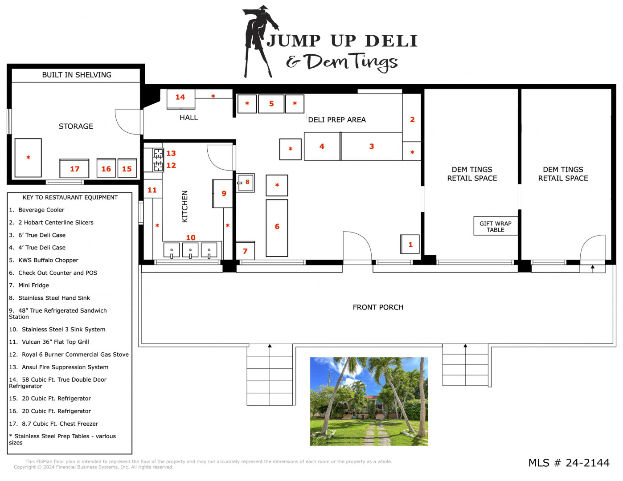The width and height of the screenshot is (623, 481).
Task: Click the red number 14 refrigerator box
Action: click(180, 99)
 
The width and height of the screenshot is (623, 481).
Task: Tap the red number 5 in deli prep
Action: click(271, 104)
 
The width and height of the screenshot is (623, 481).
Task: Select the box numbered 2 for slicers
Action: click(411, 118)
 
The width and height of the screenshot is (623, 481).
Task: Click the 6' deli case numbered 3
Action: click(372, 146)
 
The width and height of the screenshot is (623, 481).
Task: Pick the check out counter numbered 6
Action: click(277, 228)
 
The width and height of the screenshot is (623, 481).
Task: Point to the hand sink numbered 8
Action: click(245, 183)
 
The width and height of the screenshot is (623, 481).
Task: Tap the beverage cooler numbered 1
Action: click(410, 244)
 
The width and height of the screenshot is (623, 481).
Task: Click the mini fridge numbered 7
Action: click(245, 251)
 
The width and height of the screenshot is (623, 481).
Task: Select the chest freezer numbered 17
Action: click(74, 168)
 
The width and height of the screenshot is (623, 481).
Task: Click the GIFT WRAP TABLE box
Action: click(496, 226)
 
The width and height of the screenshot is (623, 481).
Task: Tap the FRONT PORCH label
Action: click(378, 307)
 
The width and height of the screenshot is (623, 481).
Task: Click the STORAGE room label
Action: click(76, 126)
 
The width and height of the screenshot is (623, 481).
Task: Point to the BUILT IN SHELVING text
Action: click(77, 75)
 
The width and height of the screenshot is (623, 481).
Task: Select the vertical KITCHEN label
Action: click(184, 207)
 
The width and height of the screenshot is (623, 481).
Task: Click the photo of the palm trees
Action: click(369, 401)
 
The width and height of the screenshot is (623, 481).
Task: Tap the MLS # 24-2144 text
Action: click(569, 463)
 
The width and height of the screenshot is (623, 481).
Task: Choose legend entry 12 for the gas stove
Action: click(69, 355)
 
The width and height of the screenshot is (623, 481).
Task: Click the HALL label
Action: click(189, 118)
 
